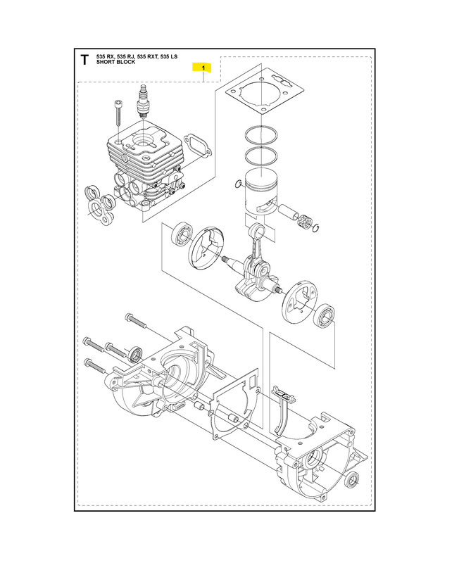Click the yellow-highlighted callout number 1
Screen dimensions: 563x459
pyautogui.click(x=203, y=68)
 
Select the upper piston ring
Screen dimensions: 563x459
pyautogui.click(x=263, y=135)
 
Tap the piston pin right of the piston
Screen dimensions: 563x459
pyautogui.click(x=289, y=209)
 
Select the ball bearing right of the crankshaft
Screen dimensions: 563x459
pyautogui.click(x=325, y=316)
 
